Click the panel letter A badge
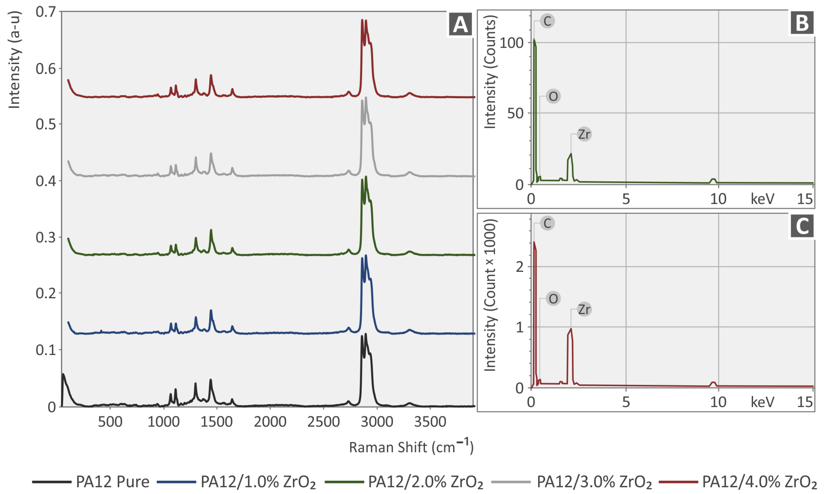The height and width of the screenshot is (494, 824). pos(460,24)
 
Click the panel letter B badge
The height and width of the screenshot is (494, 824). pos(802,23)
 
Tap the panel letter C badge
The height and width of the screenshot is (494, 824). pos(802,226)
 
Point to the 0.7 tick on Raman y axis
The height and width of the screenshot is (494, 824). pos(46,12)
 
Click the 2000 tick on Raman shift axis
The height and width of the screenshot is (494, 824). pos(270,422)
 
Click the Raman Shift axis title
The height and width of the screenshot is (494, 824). pos(411,447)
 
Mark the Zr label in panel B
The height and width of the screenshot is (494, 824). pos(584,134)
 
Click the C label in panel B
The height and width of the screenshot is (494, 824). pos(547,21)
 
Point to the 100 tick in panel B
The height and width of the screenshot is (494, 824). pos(512,43)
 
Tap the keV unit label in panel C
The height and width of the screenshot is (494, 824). pos(762,402)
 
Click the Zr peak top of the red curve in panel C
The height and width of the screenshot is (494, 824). pos(571,329)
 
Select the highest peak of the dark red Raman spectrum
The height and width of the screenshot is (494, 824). pos(362,20)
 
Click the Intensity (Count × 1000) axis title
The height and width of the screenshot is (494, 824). pos(490,295)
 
